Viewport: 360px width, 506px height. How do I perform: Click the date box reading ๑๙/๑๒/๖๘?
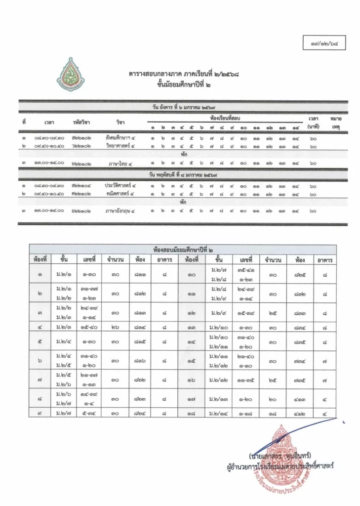coord(324,43)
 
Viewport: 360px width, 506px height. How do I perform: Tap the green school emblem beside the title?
coord(67,75)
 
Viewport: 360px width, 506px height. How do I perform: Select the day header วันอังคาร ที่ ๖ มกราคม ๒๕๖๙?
coord(184,106)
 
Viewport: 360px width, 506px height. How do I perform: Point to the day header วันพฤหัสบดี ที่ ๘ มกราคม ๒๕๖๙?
coord(184,174)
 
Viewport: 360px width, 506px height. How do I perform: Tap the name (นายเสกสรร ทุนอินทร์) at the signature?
coord(283,455)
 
